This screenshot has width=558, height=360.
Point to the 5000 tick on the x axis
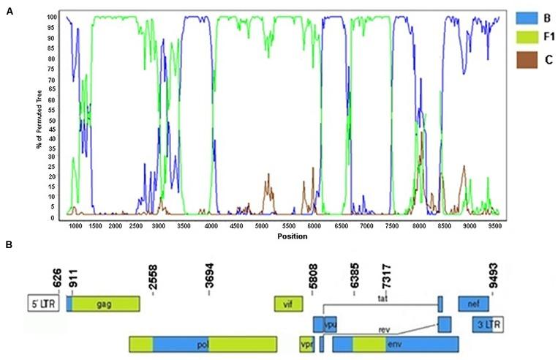263,227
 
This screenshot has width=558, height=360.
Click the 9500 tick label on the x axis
493,227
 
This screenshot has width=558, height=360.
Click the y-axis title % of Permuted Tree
37,117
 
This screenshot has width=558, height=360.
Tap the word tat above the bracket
382,298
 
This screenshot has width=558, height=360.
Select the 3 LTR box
488,324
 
